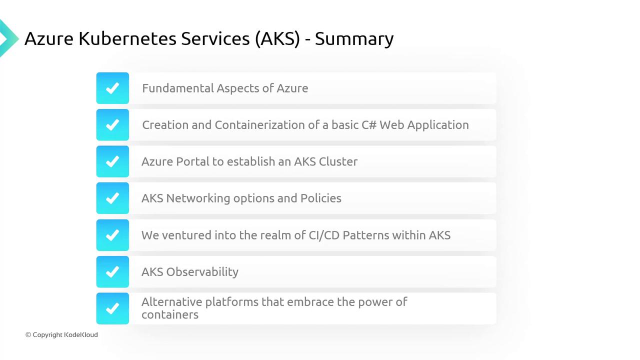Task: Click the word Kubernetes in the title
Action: coord(127,38)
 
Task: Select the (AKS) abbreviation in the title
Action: coord(277,39)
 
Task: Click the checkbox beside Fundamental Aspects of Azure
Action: coord(112,88)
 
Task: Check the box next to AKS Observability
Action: coord(112,271)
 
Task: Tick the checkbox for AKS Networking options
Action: coord(112,198)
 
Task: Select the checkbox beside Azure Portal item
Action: coord(112,161)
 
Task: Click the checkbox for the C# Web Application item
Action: coord(112,125)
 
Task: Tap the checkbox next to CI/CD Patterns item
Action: coord(112,235)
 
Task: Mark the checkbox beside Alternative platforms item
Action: coord(112,308)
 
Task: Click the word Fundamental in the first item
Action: coord(177,88)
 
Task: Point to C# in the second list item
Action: coord(369,125)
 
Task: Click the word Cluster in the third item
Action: coord(338,161)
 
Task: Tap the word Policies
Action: coord(321,198)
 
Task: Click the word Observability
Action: coord(202,272)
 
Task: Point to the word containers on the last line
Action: coord(169,314)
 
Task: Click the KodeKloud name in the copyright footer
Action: coord(81,334)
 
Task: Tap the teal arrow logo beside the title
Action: coord(8,38)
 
